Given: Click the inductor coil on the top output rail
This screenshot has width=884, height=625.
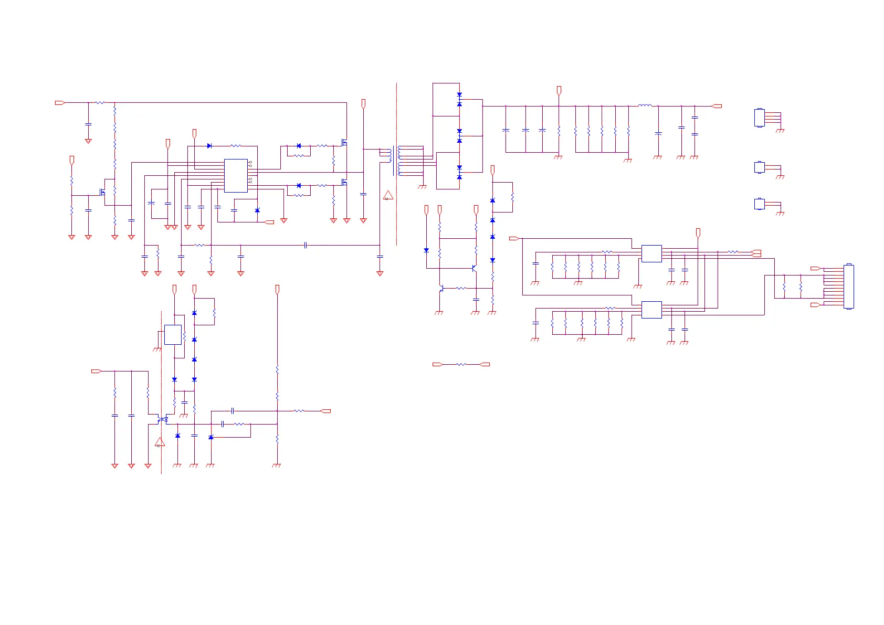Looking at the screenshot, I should [645, 105].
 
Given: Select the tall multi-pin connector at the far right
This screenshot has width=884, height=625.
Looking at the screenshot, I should [849, 287].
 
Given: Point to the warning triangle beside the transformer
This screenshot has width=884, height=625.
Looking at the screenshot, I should [388, 196].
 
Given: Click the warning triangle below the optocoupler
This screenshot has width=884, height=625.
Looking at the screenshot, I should [160, 442].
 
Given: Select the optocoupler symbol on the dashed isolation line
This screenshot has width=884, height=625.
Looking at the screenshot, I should [163, 419].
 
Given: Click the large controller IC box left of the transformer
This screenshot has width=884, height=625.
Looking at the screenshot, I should [236, 176].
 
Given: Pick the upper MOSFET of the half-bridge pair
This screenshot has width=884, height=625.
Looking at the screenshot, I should [344, 142].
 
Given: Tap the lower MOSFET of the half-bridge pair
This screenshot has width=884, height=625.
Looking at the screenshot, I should [344, 182].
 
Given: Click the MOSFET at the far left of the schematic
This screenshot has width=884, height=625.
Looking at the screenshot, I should [103, 192].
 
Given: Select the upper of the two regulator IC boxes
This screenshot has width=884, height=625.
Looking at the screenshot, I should [651, 253].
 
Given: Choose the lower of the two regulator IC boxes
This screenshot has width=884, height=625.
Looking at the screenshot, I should [651, 310].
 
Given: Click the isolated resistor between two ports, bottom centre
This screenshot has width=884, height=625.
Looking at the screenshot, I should [461, 364].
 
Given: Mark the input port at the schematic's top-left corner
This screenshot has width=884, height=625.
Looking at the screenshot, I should [60, 103].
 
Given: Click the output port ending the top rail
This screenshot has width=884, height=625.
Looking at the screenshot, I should [717, 106].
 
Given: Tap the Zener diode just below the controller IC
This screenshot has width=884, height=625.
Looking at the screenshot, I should [257, 210].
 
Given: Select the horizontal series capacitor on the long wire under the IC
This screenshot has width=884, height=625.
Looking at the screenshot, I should [305, 245].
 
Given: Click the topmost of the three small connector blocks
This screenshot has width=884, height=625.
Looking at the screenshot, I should [760, 118].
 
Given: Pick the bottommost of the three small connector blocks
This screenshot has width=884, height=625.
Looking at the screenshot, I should [760, 204].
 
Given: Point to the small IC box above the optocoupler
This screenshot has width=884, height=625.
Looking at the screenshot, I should [173, 335].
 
